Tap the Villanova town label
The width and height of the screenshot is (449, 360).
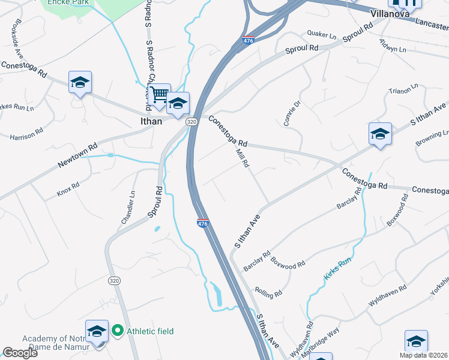click(x=390, y=12)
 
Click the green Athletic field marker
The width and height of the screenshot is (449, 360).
click(x=118, y=330)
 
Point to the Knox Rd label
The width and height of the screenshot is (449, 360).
click(x=68, y=188)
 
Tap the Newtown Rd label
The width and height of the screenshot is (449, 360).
click(x=77, y=155)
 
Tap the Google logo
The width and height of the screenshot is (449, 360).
click(x=20, y=353)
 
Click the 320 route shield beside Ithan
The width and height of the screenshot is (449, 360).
click(x=191, y=122)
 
